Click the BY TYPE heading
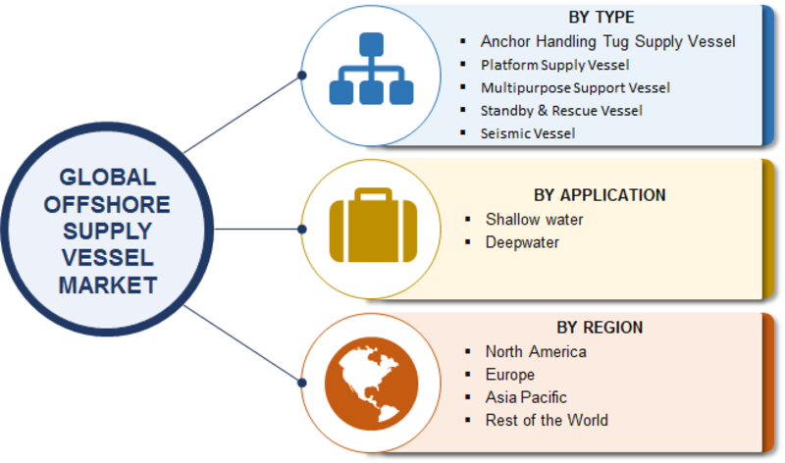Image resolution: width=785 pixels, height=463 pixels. tap(602, 18)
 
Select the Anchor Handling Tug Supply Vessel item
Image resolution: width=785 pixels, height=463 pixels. tap(607, 41)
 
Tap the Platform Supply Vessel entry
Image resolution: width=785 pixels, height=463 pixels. tap(554, 65)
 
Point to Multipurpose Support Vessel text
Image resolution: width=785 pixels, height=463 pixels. tap(575, 88)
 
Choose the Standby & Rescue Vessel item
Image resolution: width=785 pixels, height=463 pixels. tap(561, 111)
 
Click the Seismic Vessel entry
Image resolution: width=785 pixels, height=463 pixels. tap(528, 133)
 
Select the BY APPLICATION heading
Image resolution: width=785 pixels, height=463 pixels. tap(600, 195)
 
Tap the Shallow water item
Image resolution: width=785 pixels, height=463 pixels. tap(534, 219)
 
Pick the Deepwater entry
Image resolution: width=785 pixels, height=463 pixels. tap(522, 242)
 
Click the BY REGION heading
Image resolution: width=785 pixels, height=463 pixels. tap(600, 328)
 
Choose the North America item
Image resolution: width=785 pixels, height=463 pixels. tap(536, 352)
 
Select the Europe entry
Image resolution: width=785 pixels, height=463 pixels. tap(509, 375)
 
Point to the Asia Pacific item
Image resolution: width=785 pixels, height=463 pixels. tap(526, 397)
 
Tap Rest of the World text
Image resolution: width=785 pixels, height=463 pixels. tap(547, 421)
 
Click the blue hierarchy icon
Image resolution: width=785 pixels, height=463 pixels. tap(372, 69)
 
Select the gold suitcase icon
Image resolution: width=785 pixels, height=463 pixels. tap(373, 226)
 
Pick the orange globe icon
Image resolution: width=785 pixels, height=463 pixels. tap(371, 384)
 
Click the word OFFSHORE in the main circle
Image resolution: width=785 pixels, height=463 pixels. tap(107, 205)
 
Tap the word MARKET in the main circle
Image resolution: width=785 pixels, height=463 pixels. tap(108, 285)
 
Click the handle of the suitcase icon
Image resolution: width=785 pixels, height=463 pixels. tap(373, 194)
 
